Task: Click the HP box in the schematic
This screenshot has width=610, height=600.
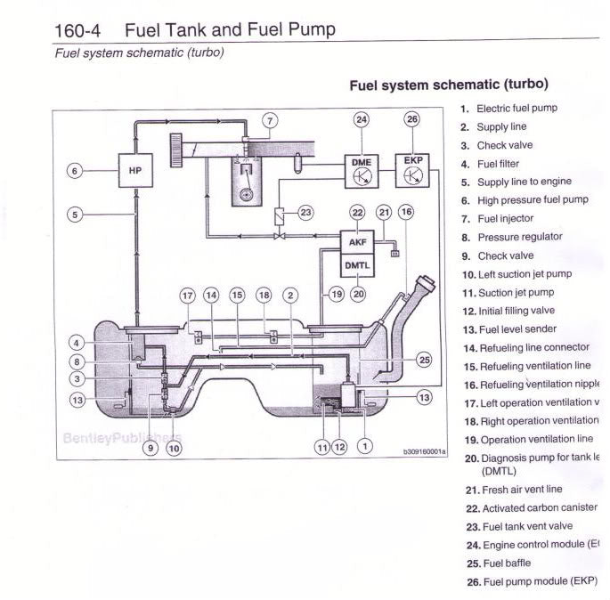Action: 135,170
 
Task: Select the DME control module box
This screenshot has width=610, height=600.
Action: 362,169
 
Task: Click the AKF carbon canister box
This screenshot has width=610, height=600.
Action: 357,240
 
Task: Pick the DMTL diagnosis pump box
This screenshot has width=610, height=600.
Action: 357,264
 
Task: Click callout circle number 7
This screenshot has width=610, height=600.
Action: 270,119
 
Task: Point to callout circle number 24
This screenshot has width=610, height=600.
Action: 361,119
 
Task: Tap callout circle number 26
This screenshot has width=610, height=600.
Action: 411,119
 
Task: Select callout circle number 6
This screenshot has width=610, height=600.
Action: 75,170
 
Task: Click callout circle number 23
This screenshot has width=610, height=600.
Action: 305,213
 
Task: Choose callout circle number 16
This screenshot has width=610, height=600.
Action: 406,213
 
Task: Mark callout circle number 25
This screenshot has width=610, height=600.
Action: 424,360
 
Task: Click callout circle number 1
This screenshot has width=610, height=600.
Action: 364,447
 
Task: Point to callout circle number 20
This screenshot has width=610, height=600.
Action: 358,294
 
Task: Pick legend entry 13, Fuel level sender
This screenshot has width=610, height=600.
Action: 510,329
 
